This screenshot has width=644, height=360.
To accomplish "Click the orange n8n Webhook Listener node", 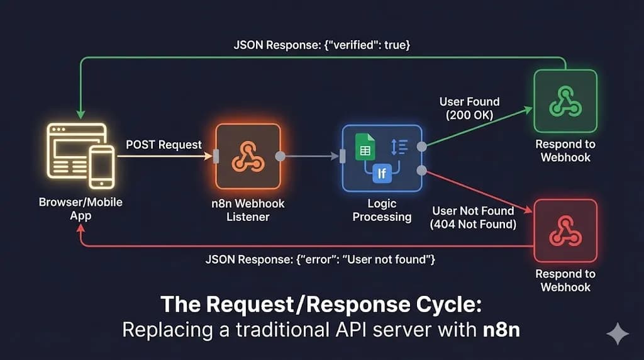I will tap(247, 156).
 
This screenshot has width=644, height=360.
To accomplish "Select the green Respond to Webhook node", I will tap(565, 101).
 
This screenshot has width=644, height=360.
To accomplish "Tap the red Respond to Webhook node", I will tap(565, 230).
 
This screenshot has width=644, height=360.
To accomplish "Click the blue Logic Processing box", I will tap(382, 157).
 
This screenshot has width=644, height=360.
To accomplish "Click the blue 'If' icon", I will tap(382, 172).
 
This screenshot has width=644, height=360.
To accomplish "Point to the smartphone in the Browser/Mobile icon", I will tap(101, 167).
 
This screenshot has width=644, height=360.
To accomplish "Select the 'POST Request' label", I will tap(164, 145).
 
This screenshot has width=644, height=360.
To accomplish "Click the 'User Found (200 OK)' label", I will tap(469, 108).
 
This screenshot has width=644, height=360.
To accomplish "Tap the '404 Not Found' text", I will tap(474, 224).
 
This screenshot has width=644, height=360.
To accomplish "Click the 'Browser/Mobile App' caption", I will tap(80, 209).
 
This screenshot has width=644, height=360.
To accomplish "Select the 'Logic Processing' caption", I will tap(382, 210).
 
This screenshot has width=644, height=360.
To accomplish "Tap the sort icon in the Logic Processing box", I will tap(399, 146).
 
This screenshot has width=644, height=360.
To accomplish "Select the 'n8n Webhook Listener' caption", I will tap(247, 210).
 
